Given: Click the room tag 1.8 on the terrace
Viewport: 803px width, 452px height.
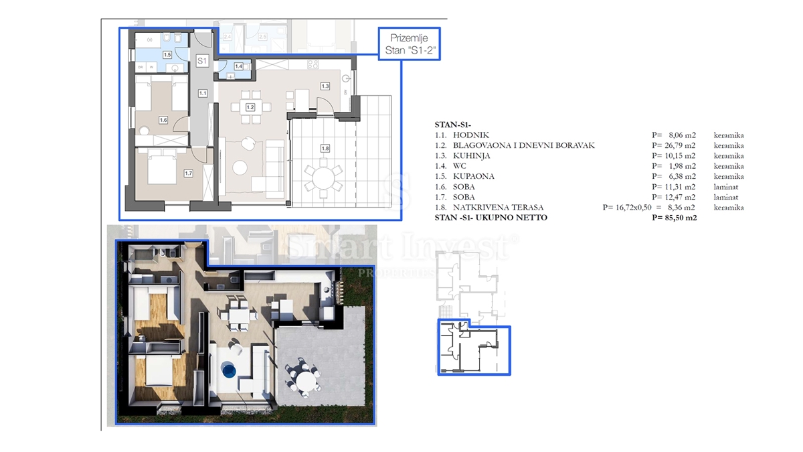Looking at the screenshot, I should point(325,149).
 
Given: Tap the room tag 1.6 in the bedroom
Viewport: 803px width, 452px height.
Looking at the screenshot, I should point(163,121).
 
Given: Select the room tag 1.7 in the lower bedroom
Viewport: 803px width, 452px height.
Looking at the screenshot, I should point(189,173).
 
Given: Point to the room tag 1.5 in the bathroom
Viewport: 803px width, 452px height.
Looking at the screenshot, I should point(167,55).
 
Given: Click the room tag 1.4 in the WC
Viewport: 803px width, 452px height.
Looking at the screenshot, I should point(239,66).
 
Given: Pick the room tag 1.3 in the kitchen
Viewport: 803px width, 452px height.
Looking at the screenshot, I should point(325,86).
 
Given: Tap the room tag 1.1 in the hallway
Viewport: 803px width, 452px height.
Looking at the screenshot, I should point(202,94).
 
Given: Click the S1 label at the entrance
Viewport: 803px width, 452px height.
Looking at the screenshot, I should point(202,61).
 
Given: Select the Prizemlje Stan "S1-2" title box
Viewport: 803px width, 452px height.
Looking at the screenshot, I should point(408,44).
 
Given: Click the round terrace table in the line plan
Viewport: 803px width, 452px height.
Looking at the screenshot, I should point(323,179).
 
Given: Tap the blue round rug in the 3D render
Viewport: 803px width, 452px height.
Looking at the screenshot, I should point(228,370).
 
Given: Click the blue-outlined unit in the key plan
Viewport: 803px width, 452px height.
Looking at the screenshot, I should point(473,350).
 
